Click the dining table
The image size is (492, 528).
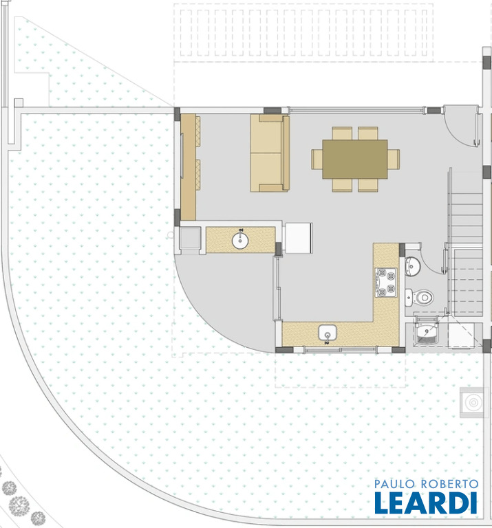[355, 159]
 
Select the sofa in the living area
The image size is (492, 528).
[270, 153]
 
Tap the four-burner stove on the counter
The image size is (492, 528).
[386, 283]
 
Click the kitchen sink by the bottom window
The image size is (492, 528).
[328, 333]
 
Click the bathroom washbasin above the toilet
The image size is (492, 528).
[412, 266]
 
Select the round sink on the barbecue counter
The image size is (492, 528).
[240, 241]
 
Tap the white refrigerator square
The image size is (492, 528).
[299, 238]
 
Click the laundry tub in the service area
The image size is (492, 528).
[427, 333]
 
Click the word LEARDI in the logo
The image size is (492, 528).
[426, 503]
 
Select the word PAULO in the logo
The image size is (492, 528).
[394, 484]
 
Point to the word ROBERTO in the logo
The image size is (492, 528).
[450, 484]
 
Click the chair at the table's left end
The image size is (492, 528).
[317, 159]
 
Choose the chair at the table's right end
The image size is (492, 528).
[394, 159]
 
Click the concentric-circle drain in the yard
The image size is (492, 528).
[473, 402]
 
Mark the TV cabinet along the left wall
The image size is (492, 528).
[189, 167]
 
